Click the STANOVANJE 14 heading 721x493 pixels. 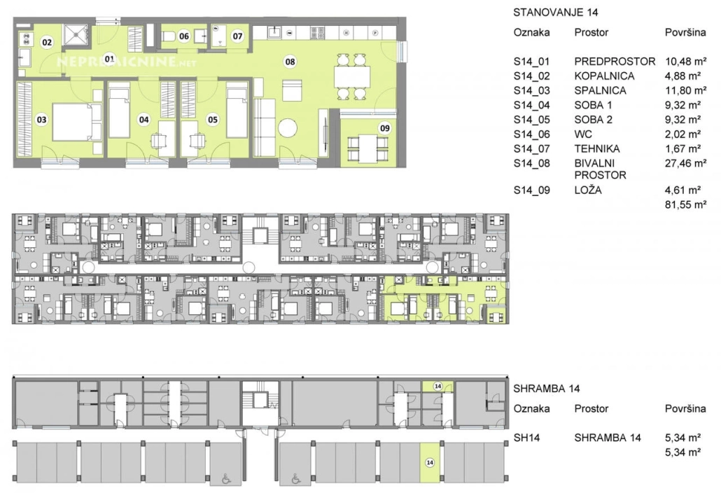click(556, 13)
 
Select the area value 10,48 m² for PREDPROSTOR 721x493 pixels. click(685, 61)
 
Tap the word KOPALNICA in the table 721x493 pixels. click(604, 76)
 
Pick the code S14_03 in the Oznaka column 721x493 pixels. click(531, 90)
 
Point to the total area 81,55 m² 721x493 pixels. click(685, 204)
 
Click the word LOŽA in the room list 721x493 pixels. click(588, 190)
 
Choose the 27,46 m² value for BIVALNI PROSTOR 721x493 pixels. click(685, 163)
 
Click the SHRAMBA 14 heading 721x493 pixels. click(546, 389)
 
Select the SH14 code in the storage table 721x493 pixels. click(526, 438)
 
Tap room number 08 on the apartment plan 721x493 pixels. click(290, 62)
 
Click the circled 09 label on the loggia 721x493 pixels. click(385, 128)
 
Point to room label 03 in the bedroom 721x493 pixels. click(41, 120)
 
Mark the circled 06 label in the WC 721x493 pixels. click(184, 36)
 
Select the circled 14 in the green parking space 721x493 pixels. click(430, 462)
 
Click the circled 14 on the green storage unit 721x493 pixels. click(437, 387)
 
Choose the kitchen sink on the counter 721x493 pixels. click(274, 32)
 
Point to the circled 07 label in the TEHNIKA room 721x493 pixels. click(237, 36)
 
